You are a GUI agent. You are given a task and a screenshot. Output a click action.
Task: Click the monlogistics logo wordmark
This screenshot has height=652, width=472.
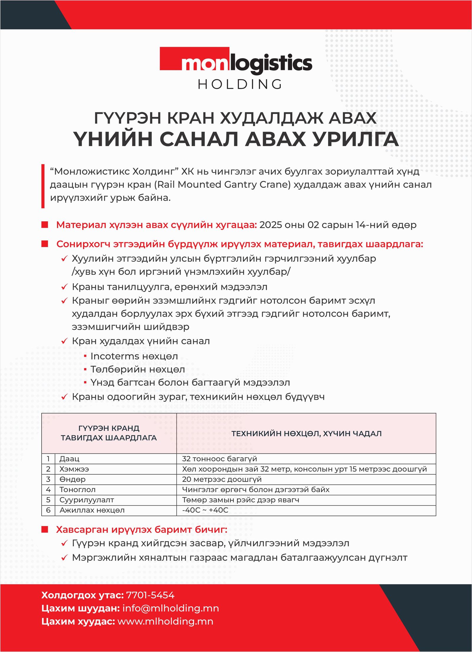click(x=236, y=63)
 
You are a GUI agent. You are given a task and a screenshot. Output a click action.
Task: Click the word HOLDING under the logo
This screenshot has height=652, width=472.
click(x=240, y=84)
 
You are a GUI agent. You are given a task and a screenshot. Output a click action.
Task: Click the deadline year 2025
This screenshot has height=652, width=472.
click(x=271, y=225)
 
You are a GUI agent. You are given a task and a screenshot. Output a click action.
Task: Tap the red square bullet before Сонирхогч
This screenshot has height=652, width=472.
click(x=45, y=244)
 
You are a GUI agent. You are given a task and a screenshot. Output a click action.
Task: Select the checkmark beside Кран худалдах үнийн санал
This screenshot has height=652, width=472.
click(x=64, y=341)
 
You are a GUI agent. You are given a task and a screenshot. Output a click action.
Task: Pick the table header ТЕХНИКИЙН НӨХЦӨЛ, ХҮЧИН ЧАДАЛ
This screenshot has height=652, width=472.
click(x=306, y=433)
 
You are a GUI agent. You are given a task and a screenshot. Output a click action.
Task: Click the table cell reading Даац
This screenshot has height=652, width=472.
click(x=69, y=459)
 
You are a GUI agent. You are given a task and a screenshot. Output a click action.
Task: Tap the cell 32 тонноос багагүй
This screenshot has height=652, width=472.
click(x=219, y=459)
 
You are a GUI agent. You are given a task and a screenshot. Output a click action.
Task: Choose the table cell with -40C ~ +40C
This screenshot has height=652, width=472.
click(x=205, y=510)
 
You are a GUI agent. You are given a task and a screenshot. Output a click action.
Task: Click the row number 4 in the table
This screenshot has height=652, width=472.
click(x=48, y=490)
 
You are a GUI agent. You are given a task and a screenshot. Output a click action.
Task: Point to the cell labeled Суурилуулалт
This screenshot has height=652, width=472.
click(x=86, y=500)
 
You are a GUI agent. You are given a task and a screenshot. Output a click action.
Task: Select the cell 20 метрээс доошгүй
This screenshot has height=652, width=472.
click(x=222, y=479)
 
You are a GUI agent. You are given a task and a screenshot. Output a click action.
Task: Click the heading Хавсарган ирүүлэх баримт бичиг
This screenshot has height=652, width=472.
click(x=142, y=530)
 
